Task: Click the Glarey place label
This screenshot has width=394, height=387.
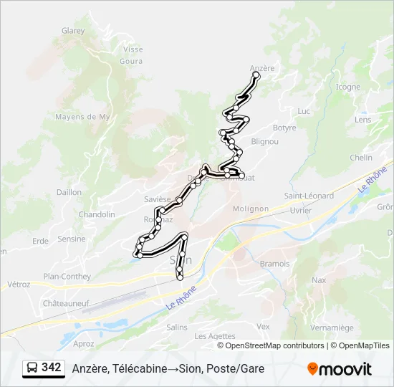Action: (73, 31)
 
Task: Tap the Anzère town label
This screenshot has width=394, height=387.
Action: (262, 68)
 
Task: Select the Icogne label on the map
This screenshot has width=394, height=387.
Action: (348, 87)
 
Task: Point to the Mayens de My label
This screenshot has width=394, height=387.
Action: (82, 117)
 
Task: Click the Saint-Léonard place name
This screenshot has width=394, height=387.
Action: (309, 196)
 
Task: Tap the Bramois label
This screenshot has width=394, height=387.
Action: (274, 264)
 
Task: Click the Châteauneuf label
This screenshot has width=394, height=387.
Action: (64, 304)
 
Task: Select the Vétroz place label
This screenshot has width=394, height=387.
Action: (19, 284)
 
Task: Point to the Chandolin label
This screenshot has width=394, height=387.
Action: (97, 214)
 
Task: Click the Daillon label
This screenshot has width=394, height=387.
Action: (69, 192)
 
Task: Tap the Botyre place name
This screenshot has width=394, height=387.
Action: (284, 128)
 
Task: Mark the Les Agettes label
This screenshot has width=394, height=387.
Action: (215, 336)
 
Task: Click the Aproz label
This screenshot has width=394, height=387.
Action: (83, 343)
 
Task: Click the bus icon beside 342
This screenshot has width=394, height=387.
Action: (33, 368)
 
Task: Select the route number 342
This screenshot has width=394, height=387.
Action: (52, 368)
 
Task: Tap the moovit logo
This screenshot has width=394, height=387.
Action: (340, 369)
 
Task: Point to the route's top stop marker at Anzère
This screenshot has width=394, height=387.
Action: (256, 75)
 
